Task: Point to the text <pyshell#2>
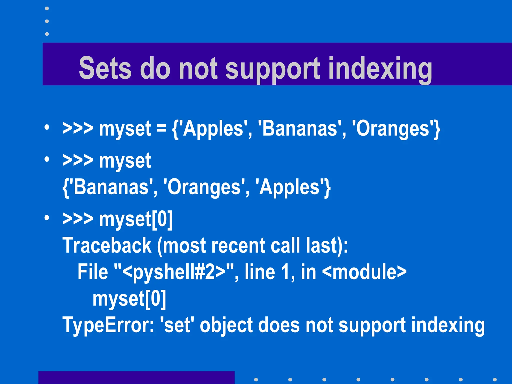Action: point(174,272)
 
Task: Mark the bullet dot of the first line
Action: point(47,128)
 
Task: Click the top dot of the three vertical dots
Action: point(47,8)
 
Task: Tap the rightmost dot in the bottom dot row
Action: point(494,379)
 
